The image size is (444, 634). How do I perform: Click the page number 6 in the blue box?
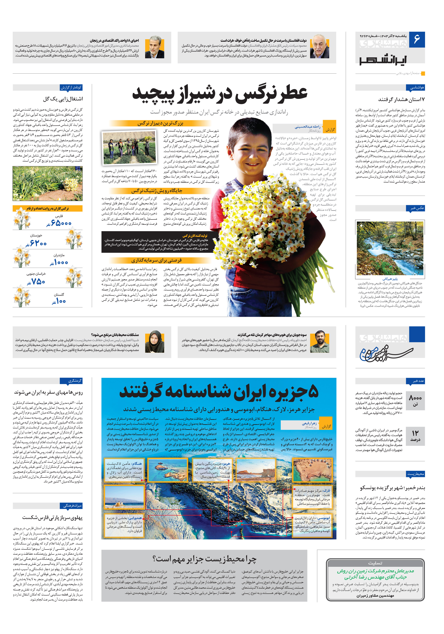click(417, 39)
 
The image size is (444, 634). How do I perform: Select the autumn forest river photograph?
click(390, 248)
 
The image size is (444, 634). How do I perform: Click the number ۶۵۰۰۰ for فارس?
click(61, 223)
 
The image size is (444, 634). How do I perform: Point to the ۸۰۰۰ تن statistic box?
click(415, 400)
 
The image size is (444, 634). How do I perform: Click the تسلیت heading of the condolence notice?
click(375, 563)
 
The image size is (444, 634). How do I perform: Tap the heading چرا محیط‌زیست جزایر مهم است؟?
click(204, 559)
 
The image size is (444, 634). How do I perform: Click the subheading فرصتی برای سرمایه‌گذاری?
click(156, 260)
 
